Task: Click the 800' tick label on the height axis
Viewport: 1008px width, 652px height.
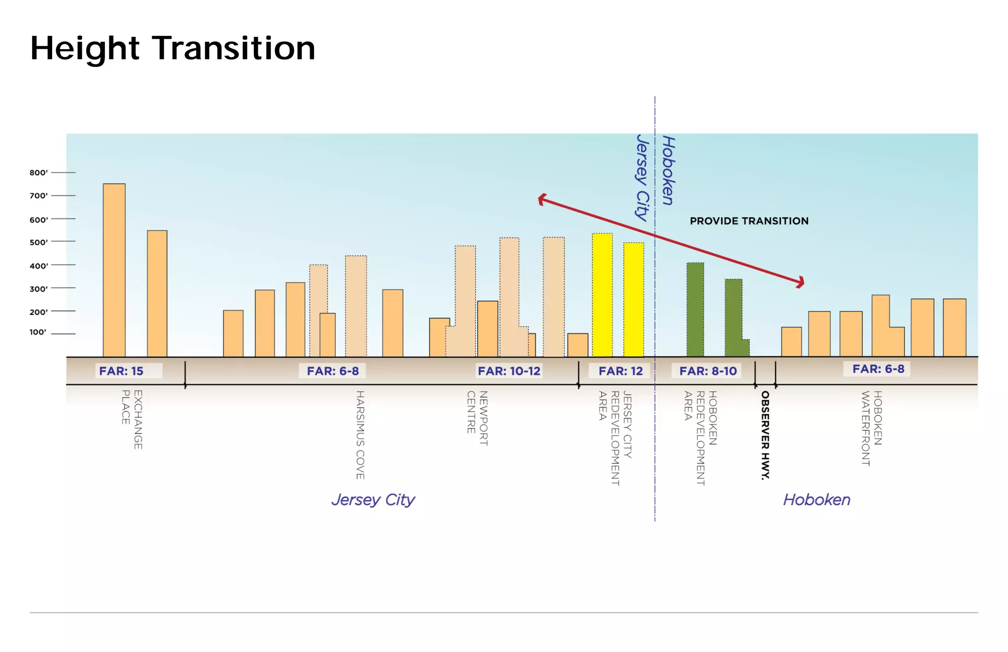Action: click(x=38, y=173)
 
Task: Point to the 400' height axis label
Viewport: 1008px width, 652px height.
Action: click(x=38, y=266)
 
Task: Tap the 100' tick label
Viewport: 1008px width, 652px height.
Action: click(x=38, y=332)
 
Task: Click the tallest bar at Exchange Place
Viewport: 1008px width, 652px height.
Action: click(x=114, y=270)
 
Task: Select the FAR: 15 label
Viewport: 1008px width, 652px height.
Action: click(x=121, y=371)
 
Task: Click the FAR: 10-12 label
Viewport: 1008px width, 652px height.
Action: click(x=509, y=371)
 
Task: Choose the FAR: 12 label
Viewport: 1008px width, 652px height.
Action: click(x=620, y=371)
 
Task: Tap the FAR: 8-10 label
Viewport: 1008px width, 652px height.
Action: click(x=708, y=371)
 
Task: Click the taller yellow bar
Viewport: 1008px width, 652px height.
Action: click(x=602, y=295)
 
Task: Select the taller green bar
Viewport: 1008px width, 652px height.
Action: click(x=695, y=310)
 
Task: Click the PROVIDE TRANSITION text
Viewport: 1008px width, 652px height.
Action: click(x=749, y=221)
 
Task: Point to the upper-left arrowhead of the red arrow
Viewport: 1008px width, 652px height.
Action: click(x=542, y=199)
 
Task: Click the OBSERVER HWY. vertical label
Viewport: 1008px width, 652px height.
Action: click(x=765, y=435)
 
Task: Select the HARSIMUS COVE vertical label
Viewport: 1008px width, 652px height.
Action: click(x=360, y=435)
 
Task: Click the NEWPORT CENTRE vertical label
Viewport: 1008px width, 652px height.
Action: click(x=477, y=418)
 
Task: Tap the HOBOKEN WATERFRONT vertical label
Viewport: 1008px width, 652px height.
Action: click(x=871, y=428)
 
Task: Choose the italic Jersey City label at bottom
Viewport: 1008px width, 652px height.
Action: click(x=373, y=499)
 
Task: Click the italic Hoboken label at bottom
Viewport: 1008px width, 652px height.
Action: click(x=817, y=499)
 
